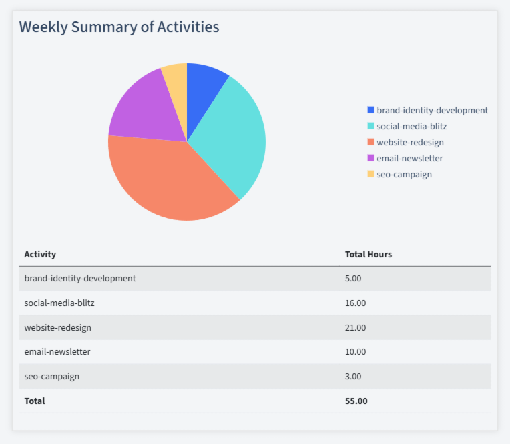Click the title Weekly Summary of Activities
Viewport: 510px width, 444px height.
point(119,27)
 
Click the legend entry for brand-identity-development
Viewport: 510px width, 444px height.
point(432,110)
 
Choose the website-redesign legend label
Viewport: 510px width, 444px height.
point(410,142)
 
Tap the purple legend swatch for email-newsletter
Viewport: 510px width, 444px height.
point(371,158)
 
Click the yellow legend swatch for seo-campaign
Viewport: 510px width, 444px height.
point(371,174)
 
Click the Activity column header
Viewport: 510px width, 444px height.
point(40,254)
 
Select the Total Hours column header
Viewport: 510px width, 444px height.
point(368,254)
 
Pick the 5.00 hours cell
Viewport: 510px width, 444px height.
point(353,278)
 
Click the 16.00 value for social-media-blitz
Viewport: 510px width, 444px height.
point(355,303)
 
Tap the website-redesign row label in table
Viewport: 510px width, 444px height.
point(57,327)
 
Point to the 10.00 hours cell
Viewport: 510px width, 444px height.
point(355,351)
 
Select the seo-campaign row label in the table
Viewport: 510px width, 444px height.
point(51,376)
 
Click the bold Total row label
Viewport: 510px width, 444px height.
point(35,401)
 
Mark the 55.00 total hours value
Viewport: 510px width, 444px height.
point(356,401)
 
